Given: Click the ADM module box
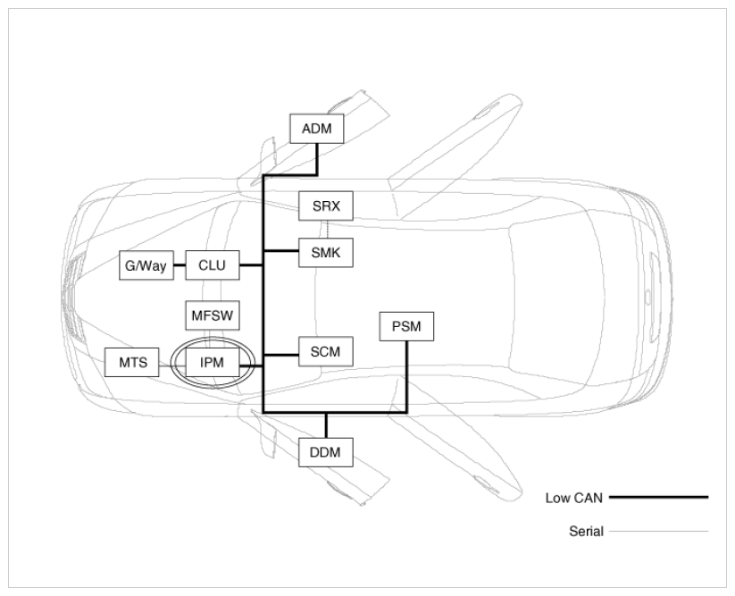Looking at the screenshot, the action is point(317,129).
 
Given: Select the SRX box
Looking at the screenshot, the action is point(326,206).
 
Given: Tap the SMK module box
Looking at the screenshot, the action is point(326,253).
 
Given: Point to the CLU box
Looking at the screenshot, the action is point(213,265).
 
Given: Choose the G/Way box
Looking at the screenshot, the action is point(146,265).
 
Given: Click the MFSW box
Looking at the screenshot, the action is point(213,315).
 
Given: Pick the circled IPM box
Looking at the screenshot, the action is point(213,363).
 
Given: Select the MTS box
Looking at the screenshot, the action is point(131,363).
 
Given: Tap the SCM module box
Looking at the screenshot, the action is point(326,352).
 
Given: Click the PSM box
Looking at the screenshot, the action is point(406,326).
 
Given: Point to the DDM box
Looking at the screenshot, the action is point(326,452).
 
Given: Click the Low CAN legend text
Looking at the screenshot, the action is point(573,498).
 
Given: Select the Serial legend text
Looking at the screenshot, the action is point(586,532).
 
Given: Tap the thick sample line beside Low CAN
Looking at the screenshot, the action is point(658,497).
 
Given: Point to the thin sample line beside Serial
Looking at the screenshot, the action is point(658,532).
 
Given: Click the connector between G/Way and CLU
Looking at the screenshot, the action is point(180,265).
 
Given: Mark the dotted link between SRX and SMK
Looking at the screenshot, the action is point(327,230).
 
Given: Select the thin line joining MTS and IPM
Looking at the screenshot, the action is point(172,365).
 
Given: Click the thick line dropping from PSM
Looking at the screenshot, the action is point(406,376).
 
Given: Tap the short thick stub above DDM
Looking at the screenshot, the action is point(326,425).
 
